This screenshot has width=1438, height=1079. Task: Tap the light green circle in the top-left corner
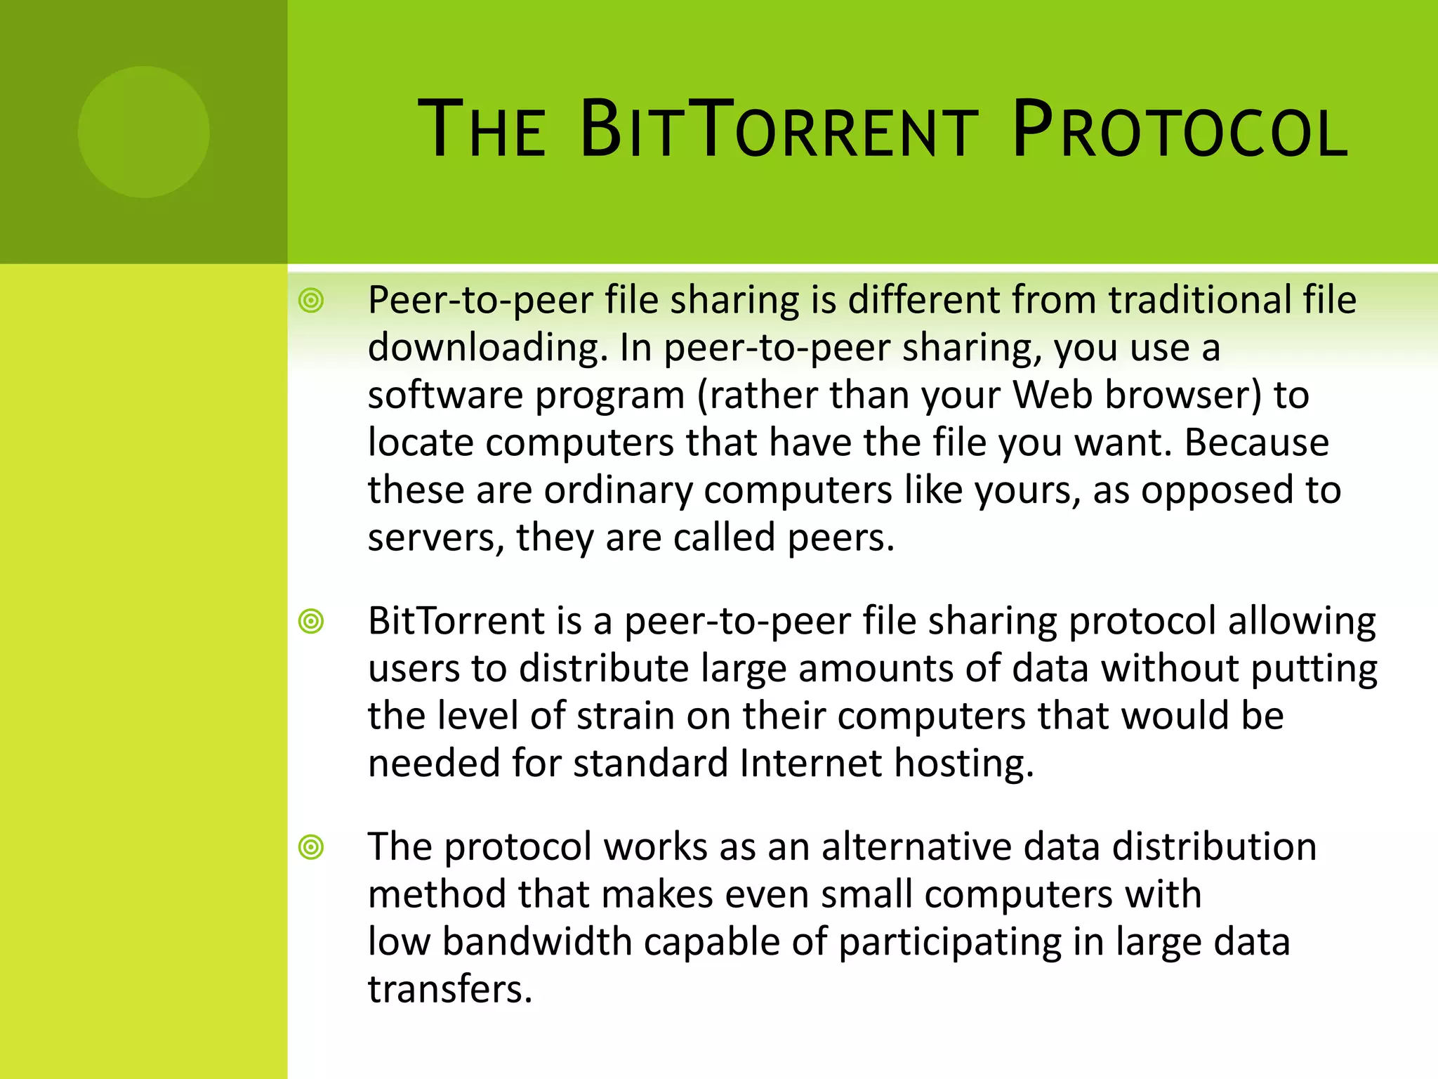click(143, 132)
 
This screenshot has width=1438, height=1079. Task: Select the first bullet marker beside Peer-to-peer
click(311, 301)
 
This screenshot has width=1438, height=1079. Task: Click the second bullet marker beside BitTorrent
click(311, 622)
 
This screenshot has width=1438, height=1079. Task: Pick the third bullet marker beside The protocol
click(311, 847)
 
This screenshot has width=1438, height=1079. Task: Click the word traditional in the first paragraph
click(1198, 301)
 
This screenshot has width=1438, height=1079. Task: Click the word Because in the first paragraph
click(1257, 443)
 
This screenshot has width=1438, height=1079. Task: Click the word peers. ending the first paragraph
click(840, 539)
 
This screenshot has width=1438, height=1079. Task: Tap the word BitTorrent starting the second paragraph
click(456, 622)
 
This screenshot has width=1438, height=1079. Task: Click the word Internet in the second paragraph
click(810, 764)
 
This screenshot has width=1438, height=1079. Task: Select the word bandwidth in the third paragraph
click(537, 942)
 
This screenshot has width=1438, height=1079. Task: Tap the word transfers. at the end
click(450, 990)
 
